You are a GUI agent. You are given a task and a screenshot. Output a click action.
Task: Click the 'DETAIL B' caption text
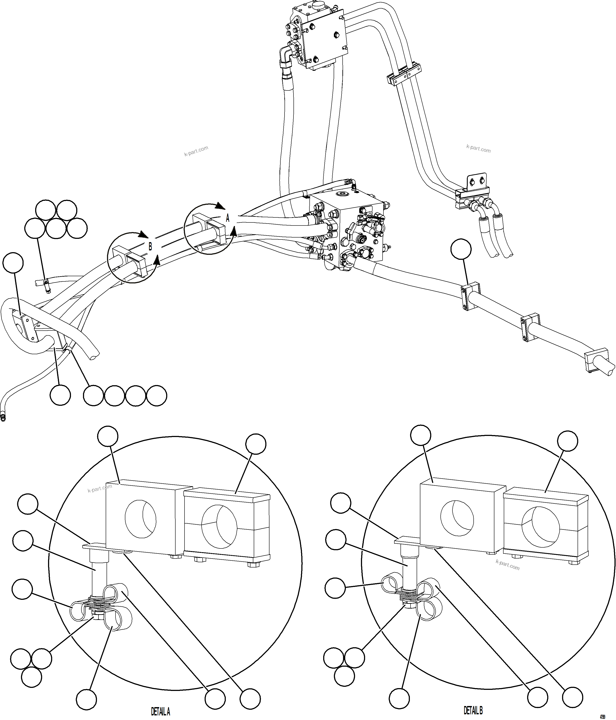[x=473, y=710]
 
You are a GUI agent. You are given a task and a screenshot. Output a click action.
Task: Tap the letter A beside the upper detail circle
[x=228, y=218]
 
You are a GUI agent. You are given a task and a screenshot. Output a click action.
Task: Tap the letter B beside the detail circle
[x=150, y=246]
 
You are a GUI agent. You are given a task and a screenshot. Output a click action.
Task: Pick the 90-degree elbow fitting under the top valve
[x=285, y=56]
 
